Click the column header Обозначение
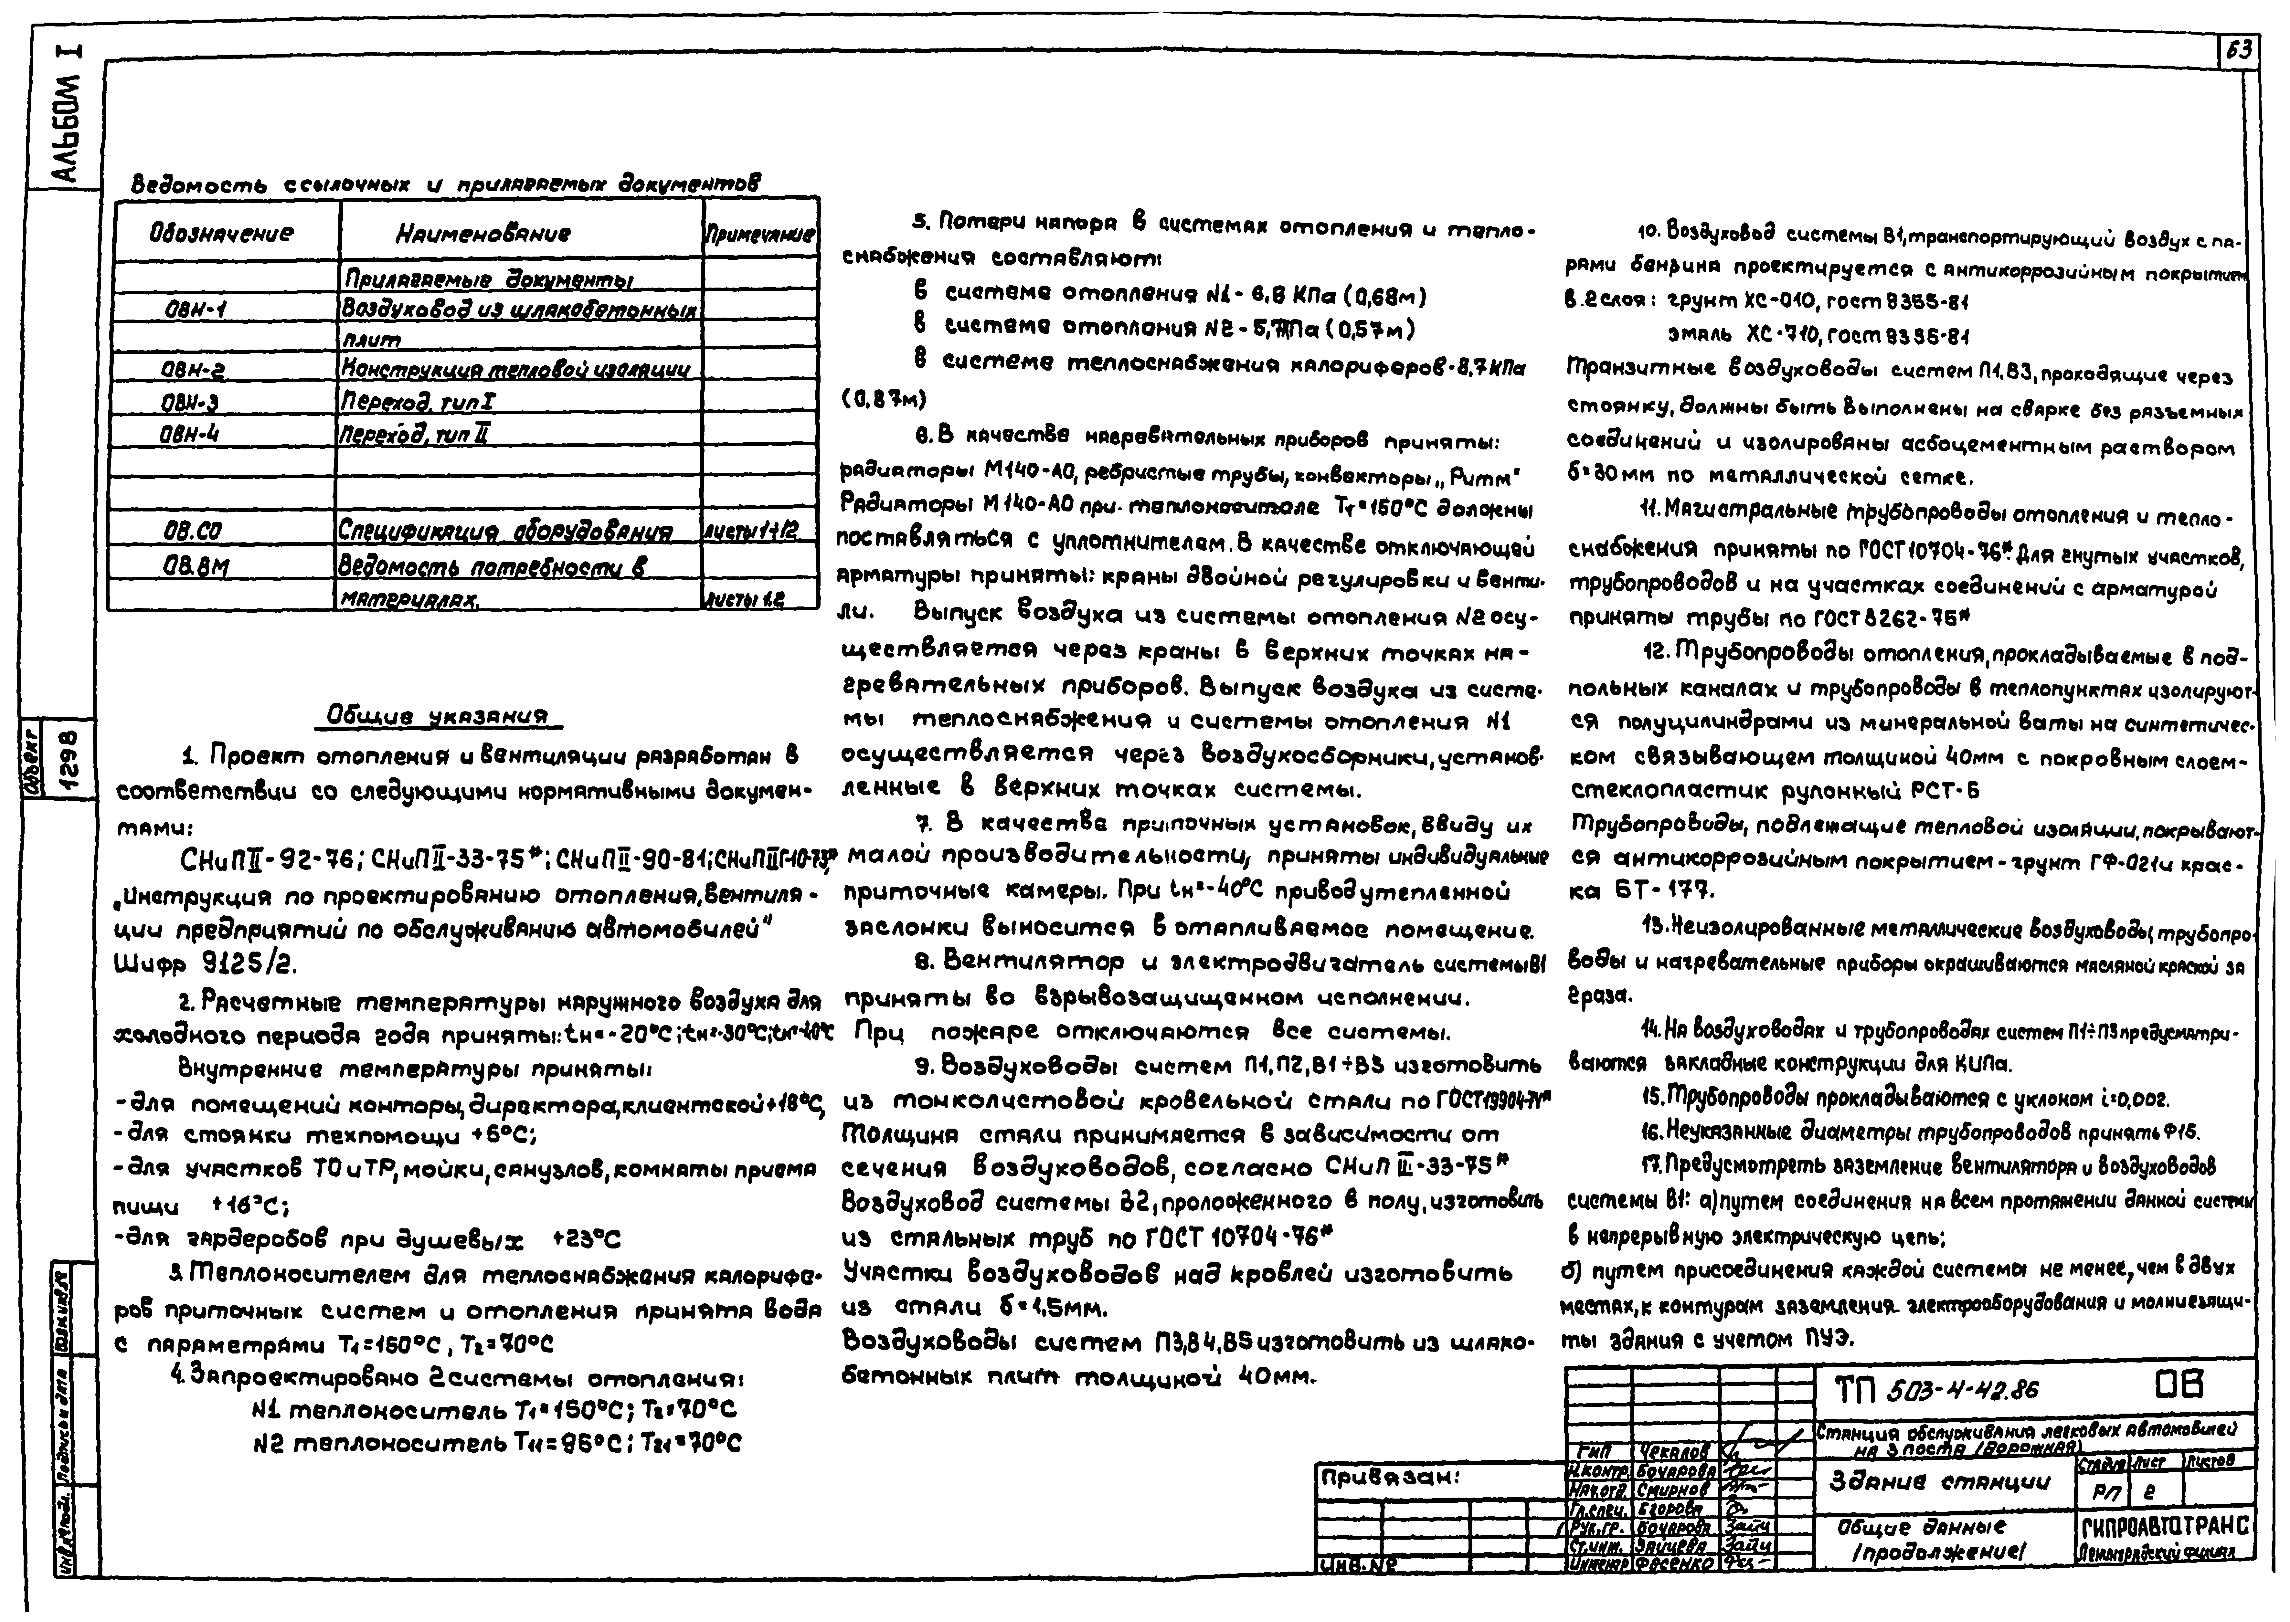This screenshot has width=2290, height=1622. pos(222,234)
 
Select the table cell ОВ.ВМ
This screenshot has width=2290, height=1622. pos(197,565)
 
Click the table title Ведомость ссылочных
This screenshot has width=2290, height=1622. pos(445,185)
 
